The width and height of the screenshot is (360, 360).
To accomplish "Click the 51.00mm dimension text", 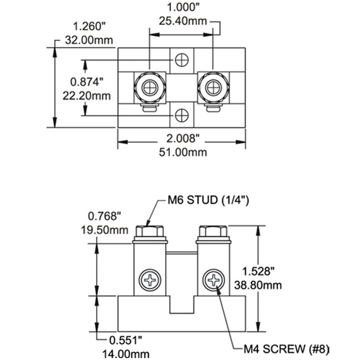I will [x=182, y=152].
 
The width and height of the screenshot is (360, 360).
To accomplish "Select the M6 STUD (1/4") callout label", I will [x=208, y=200].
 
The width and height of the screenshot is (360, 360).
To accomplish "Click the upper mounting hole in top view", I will [x=182, y=59].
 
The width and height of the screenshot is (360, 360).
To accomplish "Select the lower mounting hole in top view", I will [x=182, y=116].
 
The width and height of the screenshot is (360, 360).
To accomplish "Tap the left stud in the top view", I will [x=150, y=87].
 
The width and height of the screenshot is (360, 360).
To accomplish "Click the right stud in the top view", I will [x=213, y=87].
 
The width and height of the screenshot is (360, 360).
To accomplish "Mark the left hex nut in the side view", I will [x=150, y=231].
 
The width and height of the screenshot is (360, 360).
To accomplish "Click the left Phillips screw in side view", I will [x=150, y=280].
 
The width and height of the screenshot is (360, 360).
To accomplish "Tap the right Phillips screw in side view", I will [x=213, y=280].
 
